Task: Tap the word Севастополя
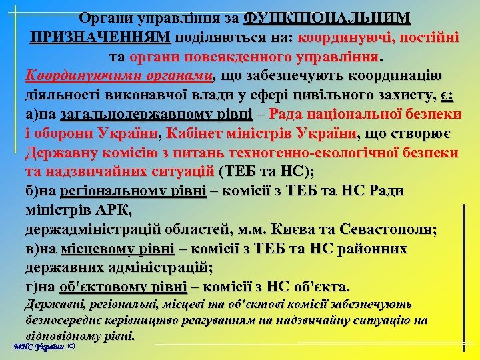[x=387, y=230]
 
